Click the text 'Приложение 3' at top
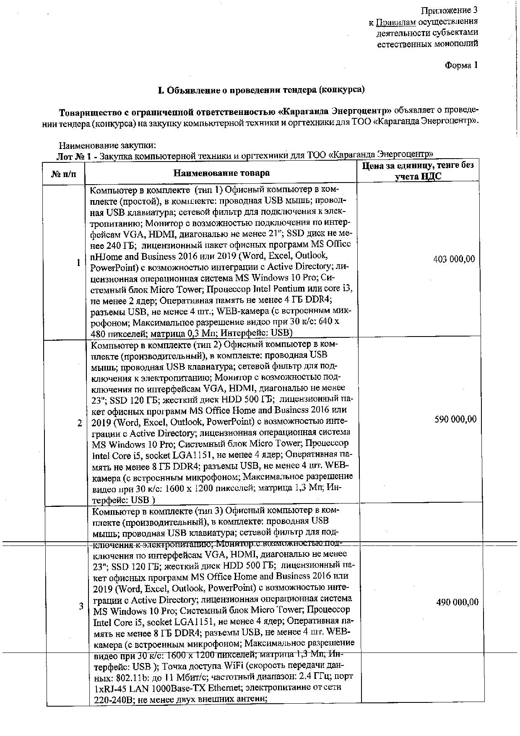point(449,10)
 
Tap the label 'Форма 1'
point(461,65)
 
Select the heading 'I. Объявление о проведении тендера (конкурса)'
point(260,90)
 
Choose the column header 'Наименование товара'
point(221,173)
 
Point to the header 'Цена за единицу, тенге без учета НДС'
point(418,171)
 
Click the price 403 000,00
point(454,259)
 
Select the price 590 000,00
point(455,419)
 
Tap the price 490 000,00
point(457,602)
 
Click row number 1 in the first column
point(78,263)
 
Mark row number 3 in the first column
point(81,606)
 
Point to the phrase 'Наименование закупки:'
point(107,146)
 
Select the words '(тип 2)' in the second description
point(206,345)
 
